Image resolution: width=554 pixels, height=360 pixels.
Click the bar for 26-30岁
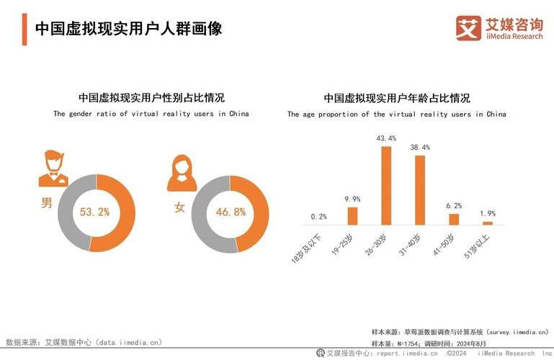(x=386, y=186)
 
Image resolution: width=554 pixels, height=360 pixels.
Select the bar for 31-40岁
(x=420, y=190)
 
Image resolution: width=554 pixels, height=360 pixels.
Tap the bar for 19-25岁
(x=352, y=216)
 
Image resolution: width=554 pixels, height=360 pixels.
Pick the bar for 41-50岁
(x=454, y=219)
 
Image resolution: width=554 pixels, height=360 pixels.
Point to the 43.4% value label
(x=386, y=138)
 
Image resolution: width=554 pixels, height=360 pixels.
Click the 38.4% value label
(x=420, y=147)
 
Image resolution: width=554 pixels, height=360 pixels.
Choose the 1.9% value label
(x=488, y=213)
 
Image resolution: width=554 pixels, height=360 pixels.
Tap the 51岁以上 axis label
(x=479, y=246)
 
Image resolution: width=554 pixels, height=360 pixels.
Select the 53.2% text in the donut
(x=95, y=212)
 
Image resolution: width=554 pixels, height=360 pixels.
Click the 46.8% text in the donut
(x=231, y=212)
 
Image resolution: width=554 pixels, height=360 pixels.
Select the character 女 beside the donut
(x=180, y=207)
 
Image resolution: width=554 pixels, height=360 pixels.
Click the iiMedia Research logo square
(x=468, y=28)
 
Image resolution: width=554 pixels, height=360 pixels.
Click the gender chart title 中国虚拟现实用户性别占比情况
(x=151, y=98)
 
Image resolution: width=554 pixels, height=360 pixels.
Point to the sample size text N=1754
(x=419, y=343)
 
